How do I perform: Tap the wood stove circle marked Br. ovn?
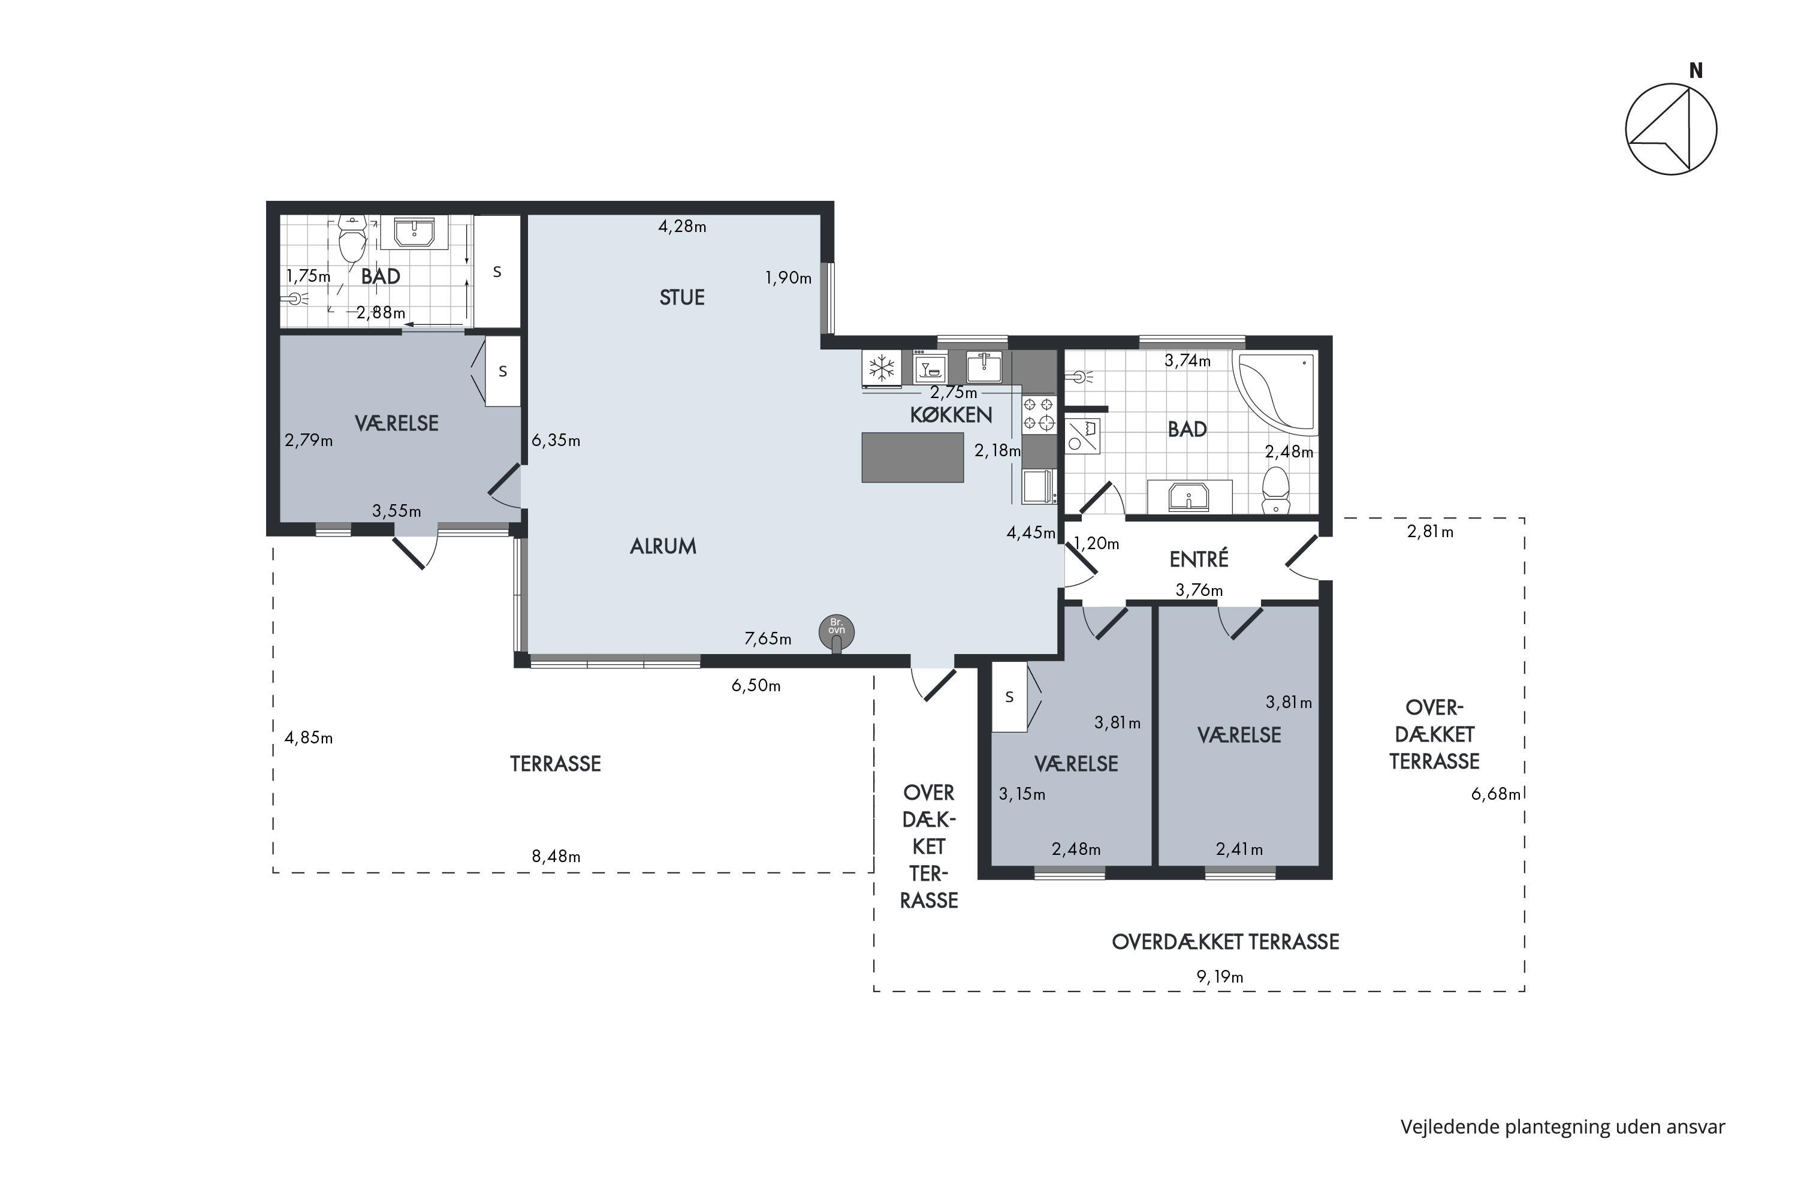pos(836,632)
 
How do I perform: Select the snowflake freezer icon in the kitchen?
pos(882,368)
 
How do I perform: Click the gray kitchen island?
pos(912,457)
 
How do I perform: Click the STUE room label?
pos(682,297)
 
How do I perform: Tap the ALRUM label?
pos(663,546)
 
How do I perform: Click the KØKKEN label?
pos(951,415)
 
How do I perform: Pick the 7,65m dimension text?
pos(768,638)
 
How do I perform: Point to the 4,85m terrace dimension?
pos(308,738)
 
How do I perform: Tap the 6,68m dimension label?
pos(1495,794)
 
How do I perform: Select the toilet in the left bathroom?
pos(352,239)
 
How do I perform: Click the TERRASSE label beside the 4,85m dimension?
pos(556,764)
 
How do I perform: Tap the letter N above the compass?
pos(1696,70)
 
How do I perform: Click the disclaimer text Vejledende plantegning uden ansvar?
pos(1562,1127)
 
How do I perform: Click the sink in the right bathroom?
pos(1188,496)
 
